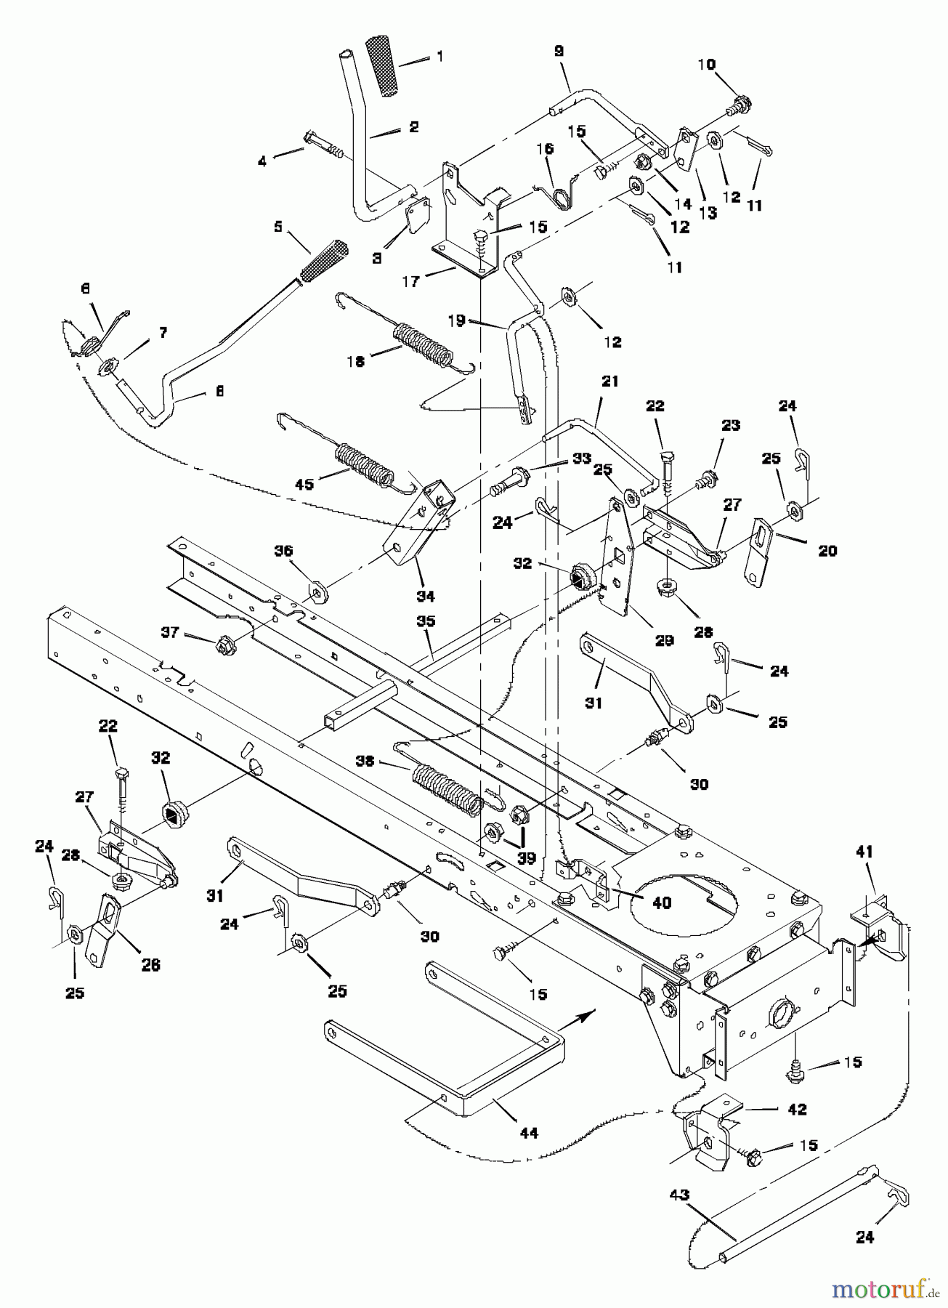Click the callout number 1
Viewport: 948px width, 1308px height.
(x=438, y=56)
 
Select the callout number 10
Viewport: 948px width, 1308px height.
(x=705, y=65)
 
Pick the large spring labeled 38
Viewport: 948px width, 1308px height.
(x=445, y=787)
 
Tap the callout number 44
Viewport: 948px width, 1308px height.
(x=529, y=1131)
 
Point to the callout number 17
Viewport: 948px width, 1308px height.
(x=412, y=282)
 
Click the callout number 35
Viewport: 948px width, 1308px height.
(x=426, y=621)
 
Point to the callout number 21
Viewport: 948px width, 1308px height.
(x=609, y=381)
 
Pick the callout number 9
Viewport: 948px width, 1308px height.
(x=558, y=51)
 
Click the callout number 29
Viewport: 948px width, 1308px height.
(x=665, y=640)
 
